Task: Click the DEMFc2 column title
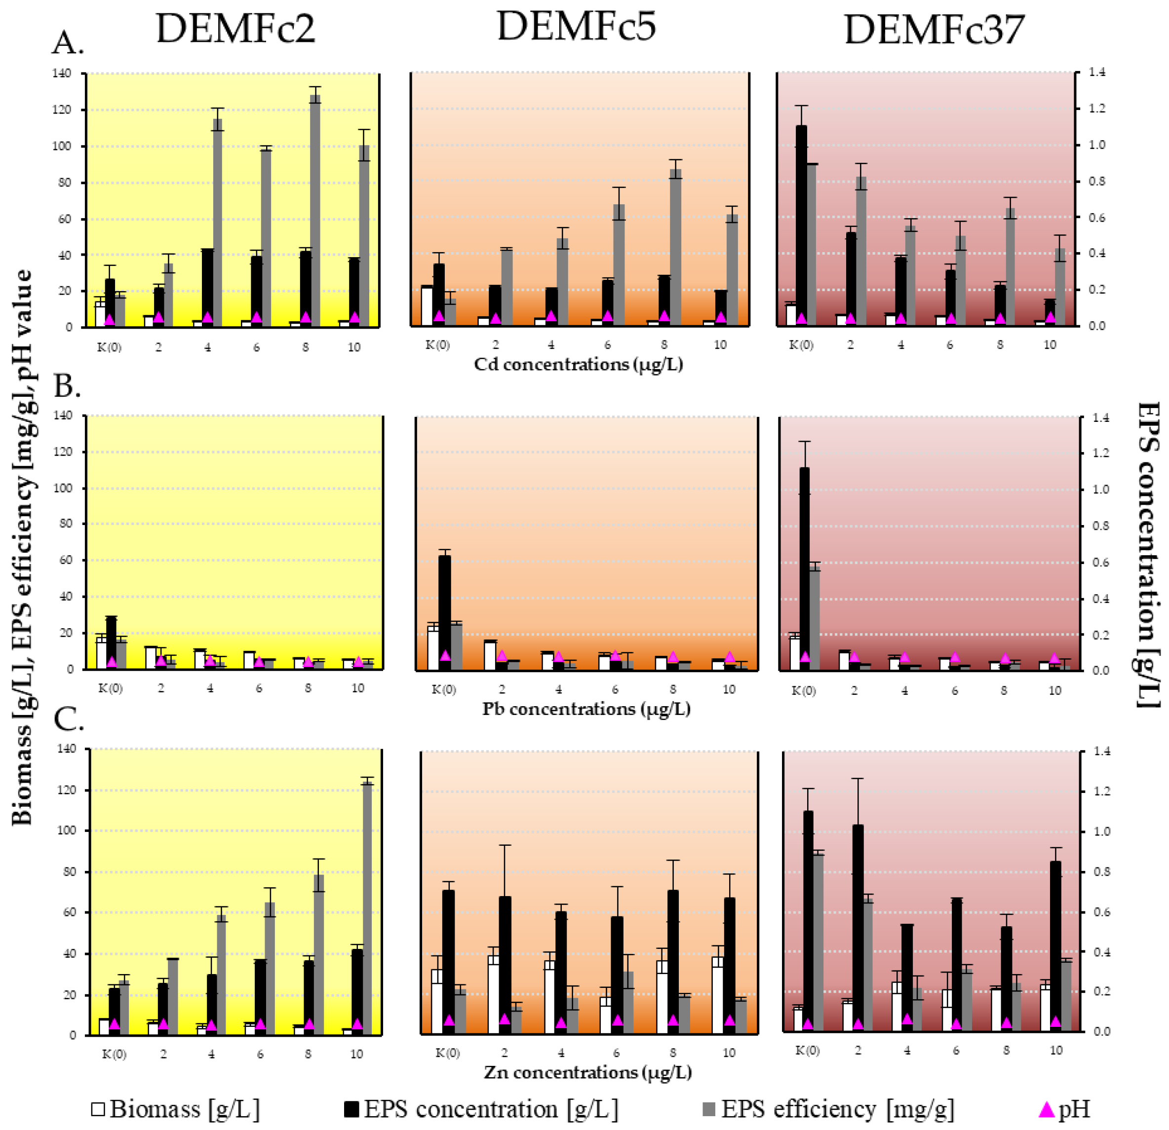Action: click(x=235, y=28)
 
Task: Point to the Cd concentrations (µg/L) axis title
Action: click(x=578, y=364)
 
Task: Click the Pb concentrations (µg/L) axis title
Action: click(x=586, y=709)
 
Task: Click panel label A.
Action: click(x=68, y=43)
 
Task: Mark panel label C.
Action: click(x=68, y=720)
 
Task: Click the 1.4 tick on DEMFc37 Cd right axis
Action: click(x=1097, y=72)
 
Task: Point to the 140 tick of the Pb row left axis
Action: click(x=63, y=415)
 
